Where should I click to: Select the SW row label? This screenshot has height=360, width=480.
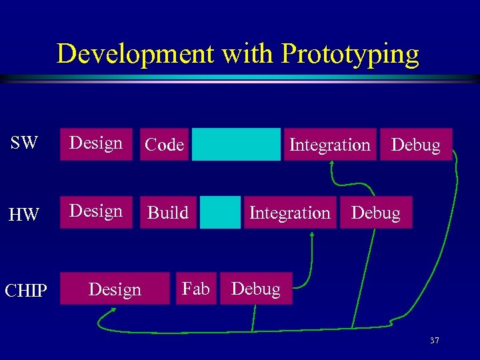[x=24, y=143]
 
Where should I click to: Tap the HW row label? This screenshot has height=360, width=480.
[x=24, y=215]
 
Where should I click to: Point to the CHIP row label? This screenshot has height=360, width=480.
[x=25, y=291]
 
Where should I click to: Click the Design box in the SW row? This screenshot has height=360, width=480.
[x=96, y=144]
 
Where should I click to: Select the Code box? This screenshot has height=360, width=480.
[x=164, y=145]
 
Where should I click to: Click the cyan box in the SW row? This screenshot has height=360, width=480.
[x=236, y=145]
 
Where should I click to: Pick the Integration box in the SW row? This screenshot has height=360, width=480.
[x=329, y=145]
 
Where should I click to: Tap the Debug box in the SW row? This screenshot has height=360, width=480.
[x=416, y=145]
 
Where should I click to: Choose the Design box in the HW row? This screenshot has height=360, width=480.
[x=96, y=212]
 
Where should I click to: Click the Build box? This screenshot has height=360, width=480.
[x=168, y=213]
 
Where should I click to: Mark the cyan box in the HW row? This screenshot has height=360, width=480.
[x=220, y=213]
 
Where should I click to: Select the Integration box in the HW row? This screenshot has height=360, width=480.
[x=290, y=213]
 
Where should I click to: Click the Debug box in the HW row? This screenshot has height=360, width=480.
[x=376, y=213]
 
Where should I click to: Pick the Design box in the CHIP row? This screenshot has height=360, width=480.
[x=115, y=289]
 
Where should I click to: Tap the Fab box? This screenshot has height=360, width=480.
[x=196, y=289]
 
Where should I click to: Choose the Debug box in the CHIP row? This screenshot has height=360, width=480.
[x=256, y=289]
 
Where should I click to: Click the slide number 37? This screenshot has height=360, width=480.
[x=435, y=341]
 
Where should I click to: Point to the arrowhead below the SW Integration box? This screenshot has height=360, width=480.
[x=331, y=166]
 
